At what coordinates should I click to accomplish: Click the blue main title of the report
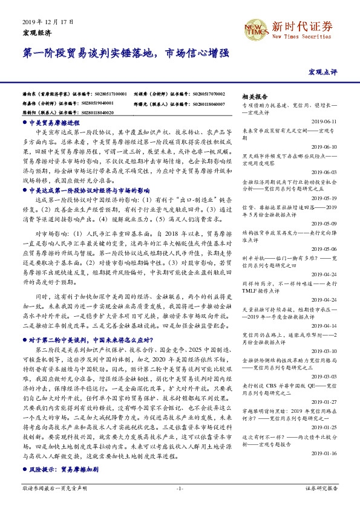126,54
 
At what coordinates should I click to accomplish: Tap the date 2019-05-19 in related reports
325,198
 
